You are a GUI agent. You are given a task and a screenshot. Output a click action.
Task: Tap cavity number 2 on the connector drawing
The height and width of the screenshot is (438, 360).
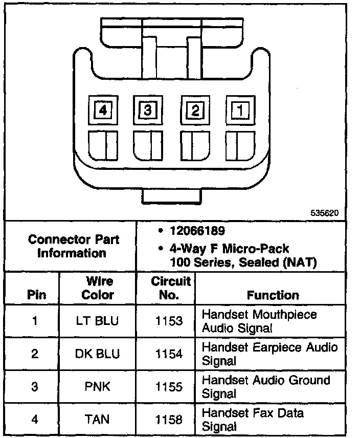click(x=195, y=109)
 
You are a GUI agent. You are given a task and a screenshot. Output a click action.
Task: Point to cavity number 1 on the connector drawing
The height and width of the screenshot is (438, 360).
click(x=239, y=109)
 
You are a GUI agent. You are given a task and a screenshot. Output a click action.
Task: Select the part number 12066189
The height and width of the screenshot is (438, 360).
click(x=192, y=232)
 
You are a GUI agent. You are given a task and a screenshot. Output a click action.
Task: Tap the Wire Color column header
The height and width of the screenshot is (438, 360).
click(x=98, y=288)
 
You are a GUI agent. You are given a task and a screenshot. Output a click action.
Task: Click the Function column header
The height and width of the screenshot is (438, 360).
click(x=273, y=295)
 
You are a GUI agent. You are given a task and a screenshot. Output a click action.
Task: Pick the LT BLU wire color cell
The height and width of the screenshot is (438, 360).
click(x=98, y=321)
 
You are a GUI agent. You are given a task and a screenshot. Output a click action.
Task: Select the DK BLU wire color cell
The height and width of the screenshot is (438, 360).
click(x=98, y=354)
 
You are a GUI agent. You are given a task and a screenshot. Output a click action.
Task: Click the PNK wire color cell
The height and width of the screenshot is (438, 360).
click(x=98, y=386)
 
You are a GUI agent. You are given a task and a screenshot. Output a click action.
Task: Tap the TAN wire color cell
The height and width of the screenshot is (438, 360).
click(x=98, y=420)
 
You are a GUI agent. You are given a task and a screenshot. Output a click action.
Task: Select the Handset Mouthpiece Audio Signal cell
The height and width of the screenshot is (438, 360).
click(x=259, y=321)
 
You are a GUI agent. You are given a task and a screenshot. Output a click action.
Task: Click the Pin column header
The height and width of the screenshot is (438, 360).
click(x=36, y=295)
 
